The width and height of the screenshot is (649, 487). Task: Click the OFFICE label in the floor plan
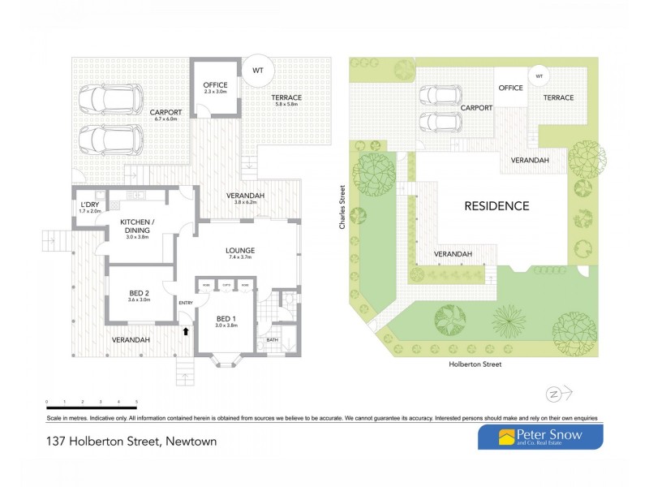point(215,85)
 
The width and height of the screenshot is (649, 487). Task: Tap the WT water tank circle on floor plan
point(258,71)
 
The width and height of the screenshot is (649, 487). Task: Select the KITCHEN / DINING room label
point(138,226)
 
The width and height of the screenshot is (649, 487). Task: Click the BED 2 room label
point(139,293)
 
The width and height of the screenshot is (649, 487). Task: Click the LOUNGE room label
point(241,250)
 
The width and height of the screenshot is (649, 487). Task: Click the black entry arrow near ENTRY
point(186,330)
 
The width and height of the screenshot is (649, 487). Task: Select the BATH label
point(272,340)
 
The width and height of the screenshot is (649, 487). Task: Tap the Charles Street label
point(345,206)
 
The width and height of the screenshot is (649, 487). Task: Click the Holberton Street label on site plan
point(475,365)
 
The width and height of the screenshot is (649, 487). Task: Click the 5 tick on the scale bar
point(136,402)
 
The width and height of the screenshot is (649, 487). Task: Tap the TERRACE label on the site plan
point(558,98)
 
